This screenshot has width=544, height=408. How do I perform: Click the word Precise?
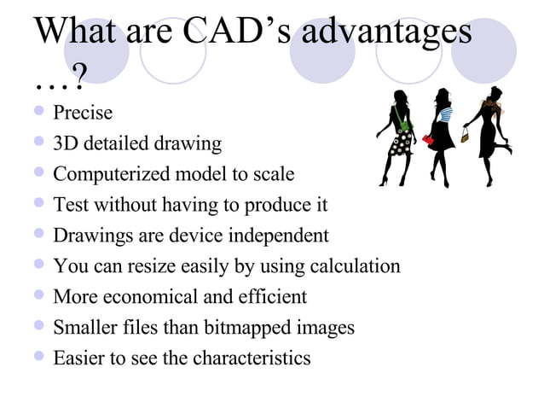pyautogui.click(x=83, y=112)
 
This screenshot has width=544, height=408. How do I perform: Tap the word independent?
pyautogui.click(x=275, y=236)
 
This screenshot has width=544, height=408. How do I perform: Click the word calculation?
pyautogui.click(x=350, y=266)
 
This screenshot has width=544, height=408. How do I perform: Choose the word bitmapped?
pyautogui.click(x=253, y=328)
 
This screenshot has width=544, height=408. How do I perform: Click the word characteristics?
pyautogui.click(x=252, y=358)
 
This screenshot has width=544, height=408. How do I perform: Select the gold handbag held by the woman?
pyautogui.click(x=466, y=134)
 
